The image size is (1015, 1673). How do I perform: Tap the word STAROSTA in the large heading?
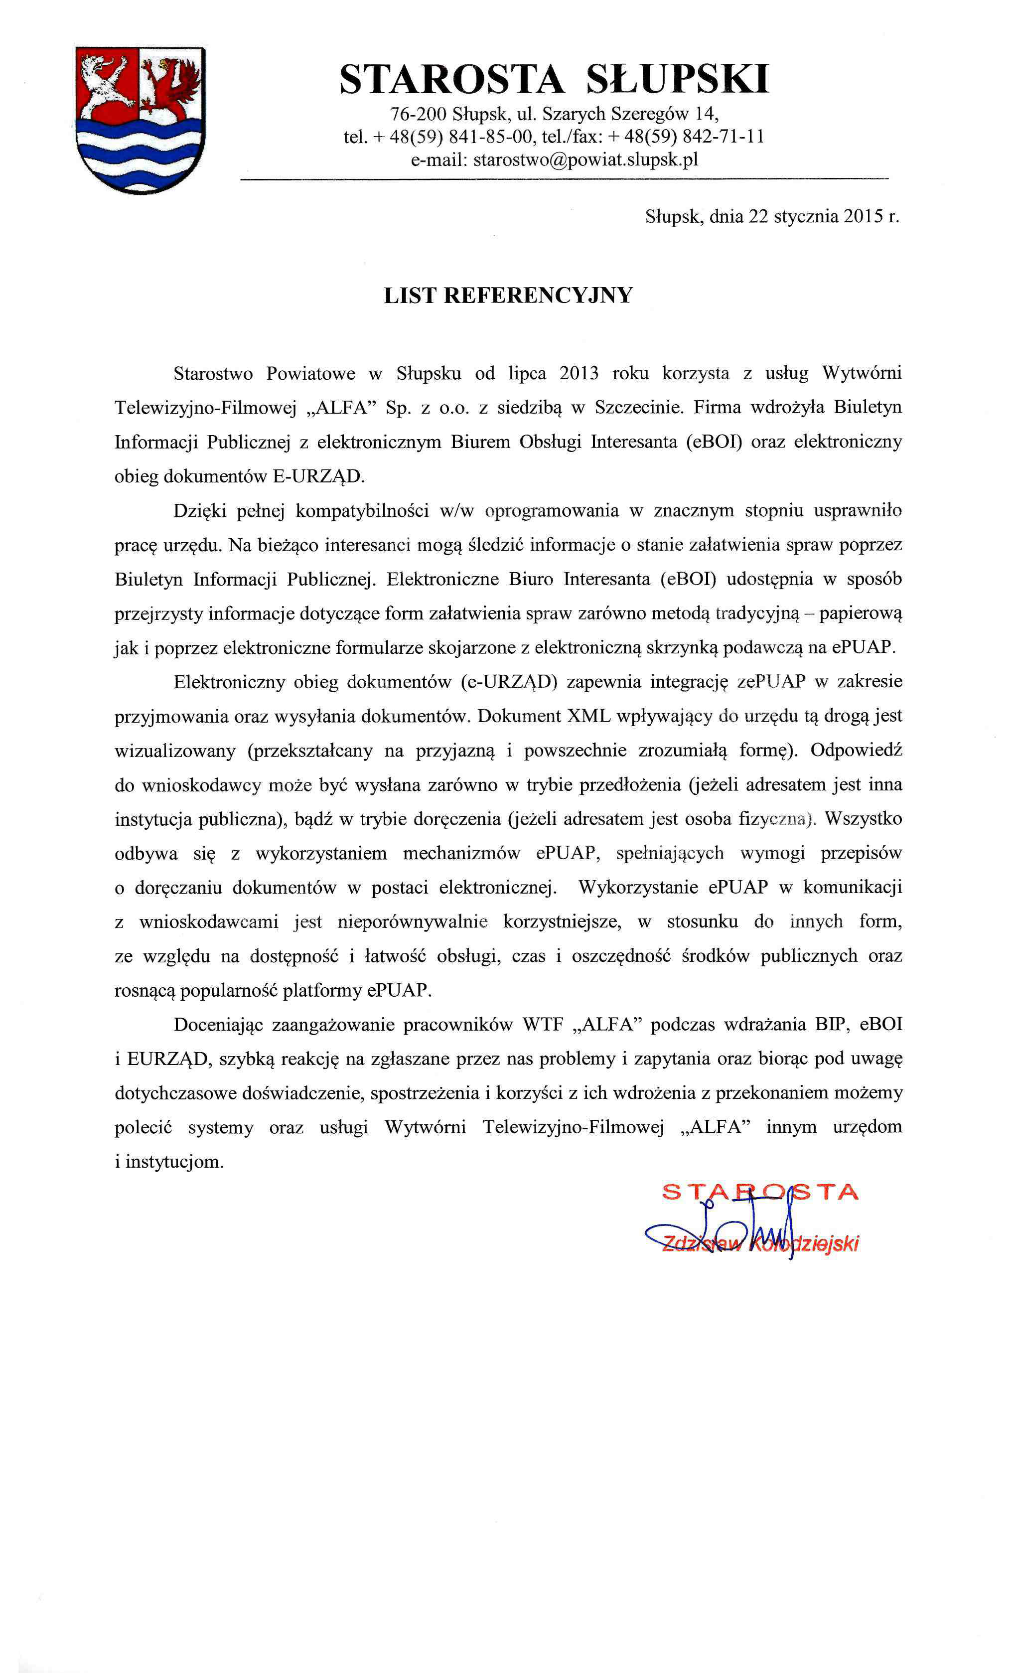(x=451, y=79)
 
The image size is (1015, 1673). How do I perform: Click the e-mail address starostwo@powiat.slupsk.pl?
(x=585, y=159)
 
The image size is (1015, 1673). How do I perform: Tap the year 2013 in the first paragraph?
(x=579, y=373)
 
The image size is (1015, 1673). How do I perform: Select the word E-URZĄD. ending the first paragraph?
(x=318, y=476)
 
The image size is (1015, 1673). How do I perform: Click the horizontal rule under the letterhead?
(x=564, y=180)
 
